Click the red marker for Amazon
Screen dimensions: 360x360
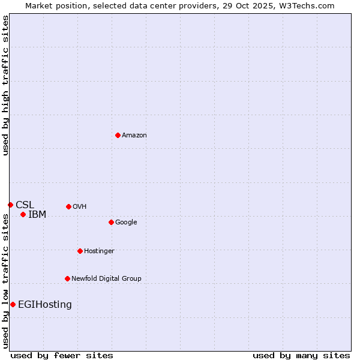118,135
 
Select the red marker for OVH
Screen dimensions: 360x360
68,206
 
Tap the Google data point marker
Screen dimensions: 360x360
111,222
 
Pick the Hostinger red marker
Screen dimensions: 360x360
80,251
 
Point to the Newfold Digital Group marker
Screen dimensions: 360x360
67,278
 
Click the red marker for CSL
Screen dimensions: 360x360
10,205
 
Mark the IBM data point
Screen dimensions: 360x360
23,214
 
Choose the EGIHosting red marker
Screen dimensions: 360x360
13,304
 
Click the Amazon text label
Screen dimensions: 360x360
134,136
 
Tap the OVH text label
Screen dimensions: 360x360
80,207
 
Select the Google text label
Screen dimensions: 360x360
126,223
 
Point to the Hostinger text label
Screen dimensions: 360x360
99,251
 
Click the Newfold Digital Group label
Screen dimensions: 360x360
106,279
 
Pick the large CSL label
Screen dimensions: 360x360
25,205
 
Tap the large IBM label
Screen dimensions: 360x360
37,215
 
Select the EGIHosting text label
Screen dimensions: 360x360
45,305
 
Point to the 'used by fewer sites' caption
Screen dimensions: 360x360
62,355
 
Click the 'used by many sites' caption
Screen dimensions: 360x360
301,355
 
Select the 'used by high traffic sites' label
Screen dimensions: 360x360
6,85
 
